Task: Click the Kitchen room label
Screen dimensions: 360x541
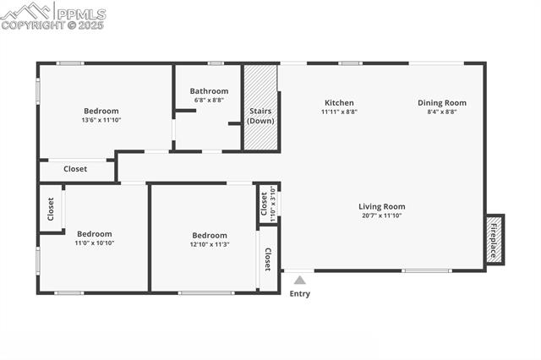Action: click(x=339, y=103)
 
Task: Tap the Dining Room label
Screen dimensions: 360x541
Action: click(x=441, y=103)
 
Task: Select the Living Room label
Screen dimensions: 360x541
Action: click(x=381, y=206)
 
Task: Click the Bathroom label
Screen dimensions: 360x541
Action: click(x=209, y=91)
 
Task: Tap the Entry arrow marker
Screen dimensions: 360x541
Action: click(x=299, y=280)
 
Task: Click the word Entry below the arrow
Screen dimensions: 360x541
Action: click(x=300, y=294)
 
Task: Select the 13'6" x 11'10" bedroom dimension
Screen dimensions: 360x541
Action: click(x=101, y=120)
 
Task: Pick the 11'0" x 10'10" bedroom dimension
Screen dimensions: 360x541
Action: click(x=95, y=243)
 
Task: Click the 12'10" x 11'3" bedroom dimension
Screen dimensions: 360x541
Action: click(x=210, y=244)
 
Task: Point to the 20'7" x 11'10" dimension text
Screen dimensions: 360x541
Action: click(x=381, y=215)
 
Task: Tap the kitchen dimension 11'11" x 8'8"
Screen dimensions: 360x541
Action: click(x=339, y=112)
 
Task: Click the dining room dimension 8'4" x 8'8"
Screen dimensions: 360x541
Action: click(x=441, y=112)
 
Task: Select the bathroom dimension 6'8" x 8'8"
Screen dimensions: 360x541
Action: click(x=209, y=100)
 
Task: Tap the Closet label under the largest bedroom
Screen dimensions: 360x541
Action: click(x=75, y=169)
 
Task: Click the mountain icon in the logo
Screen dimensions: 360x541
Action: click(x=26, y=11)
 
